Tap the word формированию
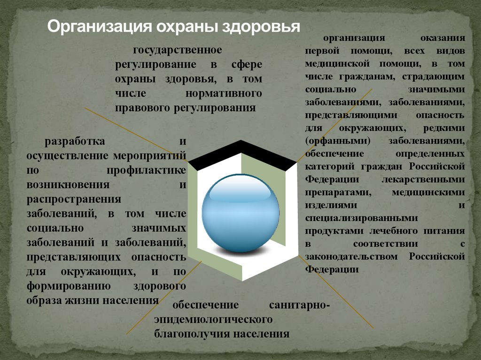68,286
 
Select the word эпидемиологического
214,320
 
